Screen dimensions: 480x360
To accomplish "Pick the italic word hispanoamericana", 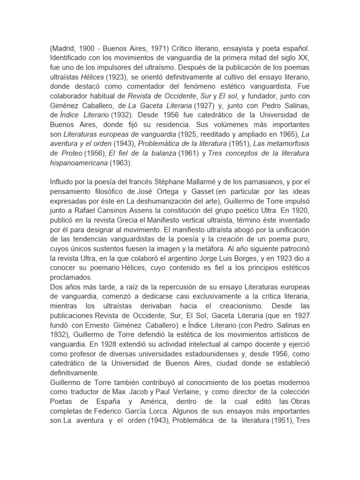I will pyautogui.click(x=78, y=163).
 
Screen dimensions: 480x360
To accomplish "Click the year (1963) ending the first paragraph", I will pyautogui.click(x=121, y=163).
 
